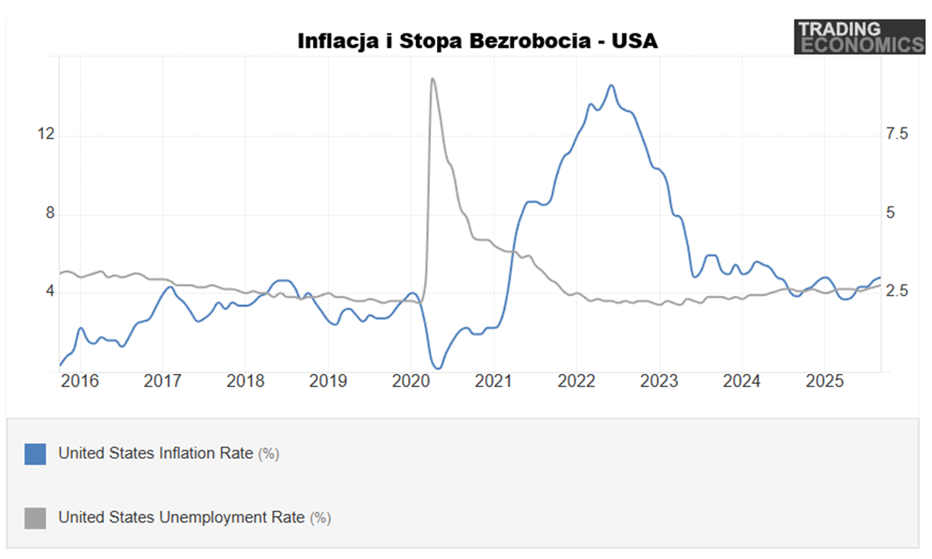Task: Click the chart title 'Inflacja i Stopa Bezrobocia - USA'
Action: (x=477, y=41)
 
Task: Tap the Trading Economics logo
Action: (x=859, y=37)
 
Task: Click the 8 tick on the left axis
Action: (x=51, y=214)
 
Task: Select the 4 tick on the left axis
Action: (x=51, y=292)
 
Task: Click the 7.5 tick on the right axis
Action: (x=897, y=135)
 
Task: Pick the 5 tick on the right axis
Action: (x=891, y=214)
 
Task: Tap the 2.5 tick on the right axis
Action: (x=897, y=292)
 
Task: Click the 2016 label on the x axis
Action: (x=80, y=381)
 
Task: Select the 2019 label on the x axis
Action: (x=328, y=381)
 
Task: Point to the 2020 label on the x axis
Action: (x=410, y=381)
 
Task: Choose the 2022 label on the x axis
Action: (x=576, y=381)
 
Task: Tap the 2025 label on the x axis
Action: (x=823, y=381)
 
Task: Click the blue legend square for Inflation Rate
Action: (x=35, y=453)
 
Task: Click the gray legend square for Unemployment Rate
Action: (x=35, y=517)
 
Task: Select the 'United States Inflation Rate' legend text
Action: (x=156, y=453)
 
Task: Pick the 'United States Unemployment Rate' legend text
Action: (x=182, y=517)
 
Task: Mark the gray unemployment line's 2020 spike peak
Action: (x=432, y=79)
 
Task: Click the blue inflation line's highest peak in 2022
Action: (x=611, y=85)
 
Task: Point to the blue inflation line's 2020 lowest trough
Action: (x=437, y=368)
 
